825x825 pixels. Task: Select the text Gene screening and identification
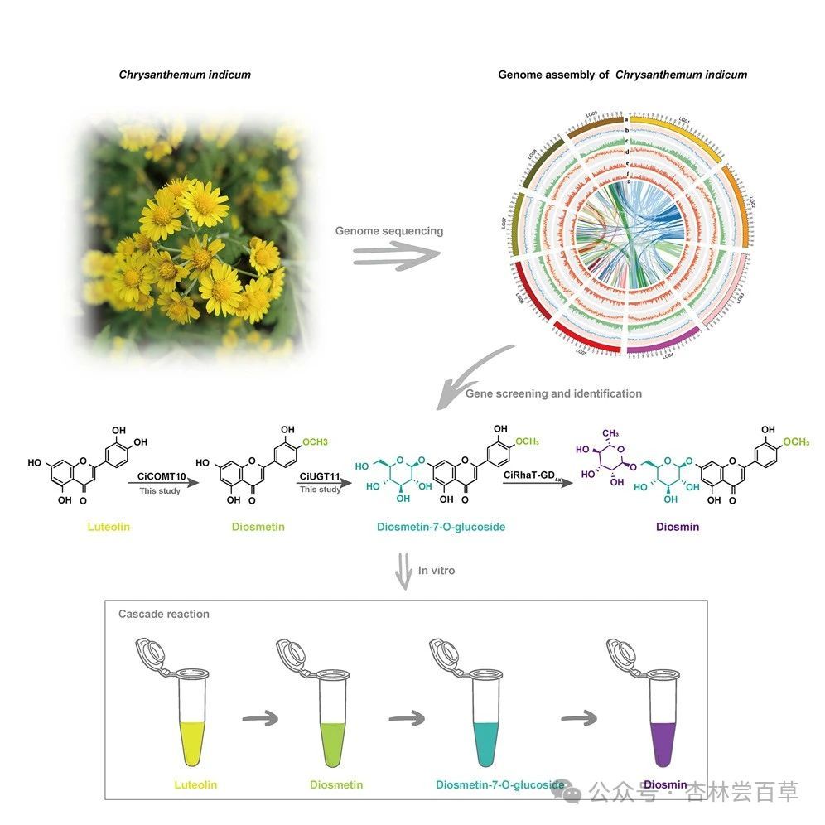tap(553, 393)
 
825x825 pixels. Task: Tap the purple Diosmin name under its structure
tap(677, 526)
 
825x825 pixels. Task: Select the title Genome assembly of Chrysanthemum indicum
tap(622, 75)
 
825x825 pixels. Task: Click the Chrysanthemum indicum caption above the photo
tap(185, 75)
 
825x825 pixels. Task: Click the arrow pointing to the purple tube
tap(578, 717)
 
